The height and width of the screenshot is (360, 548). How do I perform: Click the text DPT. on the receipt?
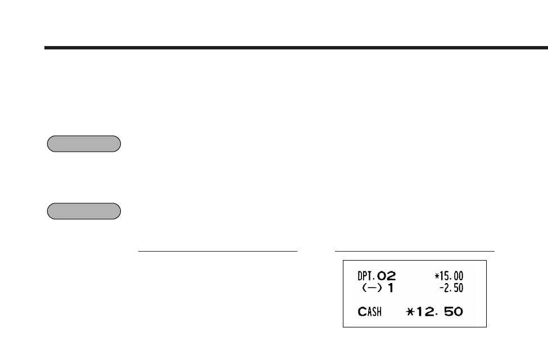pyautogui.click(x=366, y=276)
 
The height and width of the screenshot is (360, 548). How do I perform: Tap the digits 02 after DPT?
pyautogui.click(x=386, y=276)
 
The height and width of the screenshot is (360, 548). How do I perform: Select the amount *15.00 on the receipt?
pyautogui.click(x=449, y=276)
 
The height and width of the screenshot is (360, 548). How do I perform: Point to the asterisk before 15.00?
pyautogui.click(x=437, y=276)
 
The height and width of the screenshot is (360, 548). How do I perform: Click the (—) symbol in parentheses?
pyautogui.click(x=372, y=288)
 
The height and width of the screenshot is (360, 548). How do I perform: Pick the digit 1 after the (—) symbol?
pyautogui.click(x=391, y=288)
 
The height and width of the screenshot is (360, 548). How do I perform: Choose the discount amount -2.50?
pyautogui.click(x=451, y=288)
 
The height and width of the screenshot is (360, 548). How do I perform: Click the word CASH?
pyautogui.click(x=369, y=312)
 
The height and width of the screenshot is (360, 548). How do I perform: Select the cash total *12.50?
pyautogui.click(x=435, y=312)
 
